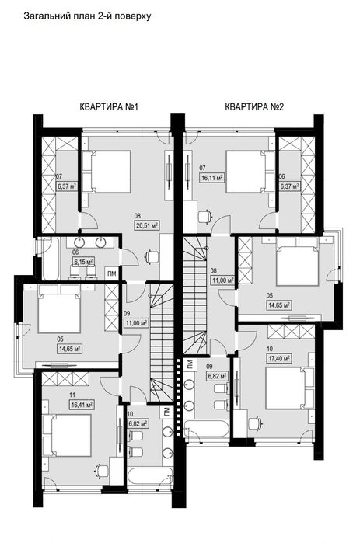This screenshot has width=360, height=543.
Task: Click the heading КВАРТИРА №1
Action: (x=109, y=106)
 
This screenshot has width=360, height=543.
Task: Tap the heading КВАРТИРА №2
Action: (x=254, y=106)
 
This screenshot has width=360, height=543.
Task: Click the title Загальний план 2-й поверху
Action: (x=87, y=16)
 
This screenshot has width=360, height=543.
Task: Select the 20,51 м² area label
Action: (x=147, y=226)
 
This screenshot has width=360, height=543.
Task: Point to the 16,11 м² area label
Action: (x=211, y=178)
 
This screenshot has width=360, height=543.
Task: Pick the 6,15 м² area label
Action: (x=83, y=262)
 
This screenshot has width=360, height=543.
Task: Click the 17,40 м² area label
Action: (x=279, y=359)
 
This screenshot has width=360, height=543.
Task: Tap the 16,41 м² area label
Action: (x=81, y=404)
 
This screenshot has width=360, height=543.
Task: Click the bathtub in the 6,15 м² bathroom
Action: (x=51, y=259)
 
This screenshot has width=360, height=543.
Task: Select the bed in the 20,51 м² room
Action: (x=107, y=172)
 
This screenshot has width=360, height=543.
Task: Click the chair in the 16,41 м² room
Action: (x=101, y=470)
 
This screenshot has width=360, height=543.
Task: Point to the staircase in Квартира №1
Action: (x=162, y=343)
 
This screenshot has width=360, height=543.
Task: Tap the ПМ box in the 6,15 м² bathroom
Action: (x=112, y=273)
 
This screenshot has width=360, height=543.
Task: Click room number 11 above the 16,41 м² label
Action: (x=72, y=395)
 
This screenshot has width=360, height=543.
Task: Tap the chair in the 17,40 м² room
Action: (x=255, y=423)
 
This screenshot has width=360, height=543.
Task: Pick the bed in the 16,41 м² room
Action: (x=67, y=436)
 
